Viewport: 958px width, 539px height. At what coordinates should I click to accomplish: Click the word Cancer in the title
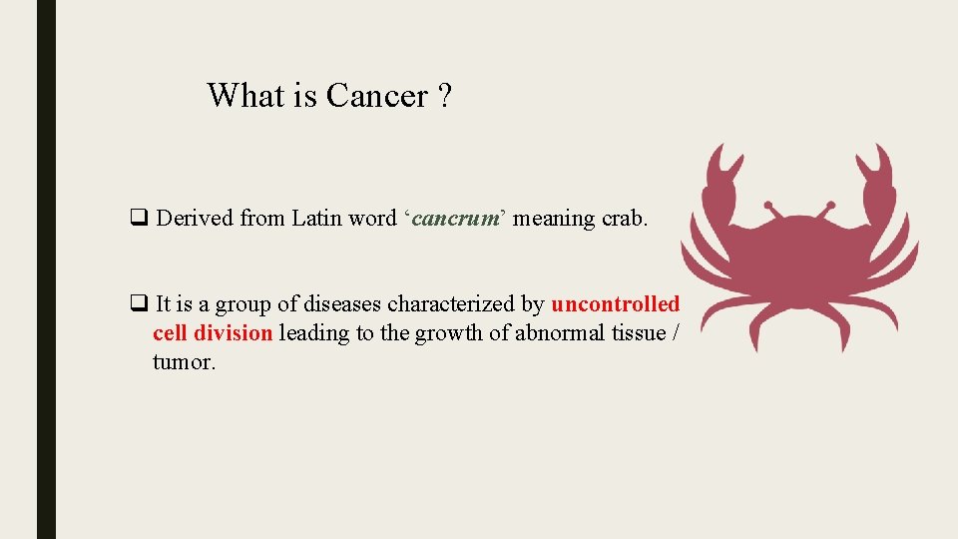click(376, 96)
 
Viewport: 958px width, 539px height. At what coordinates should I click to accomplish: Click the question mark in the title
click(444, 96)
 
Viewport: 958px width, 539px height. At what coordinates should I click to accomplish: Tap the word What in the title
click(245, 96)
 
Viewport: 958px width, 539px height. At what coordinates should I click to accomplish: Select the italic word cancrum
click(454, 218)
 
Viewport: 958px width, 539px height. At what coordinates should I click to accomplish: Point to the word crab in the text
click(624, 218)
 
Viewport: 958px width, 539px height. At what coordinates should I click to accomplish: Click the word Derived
click(195, 218)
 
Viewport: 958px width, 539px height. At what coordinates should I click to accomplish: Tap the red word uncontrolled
click(615, 304)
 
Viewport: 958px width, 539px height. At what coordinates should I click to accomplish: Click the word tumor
click(184, 362)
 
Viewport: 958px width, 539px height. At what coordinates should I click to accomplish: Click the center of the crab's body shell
click(798, 256)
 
